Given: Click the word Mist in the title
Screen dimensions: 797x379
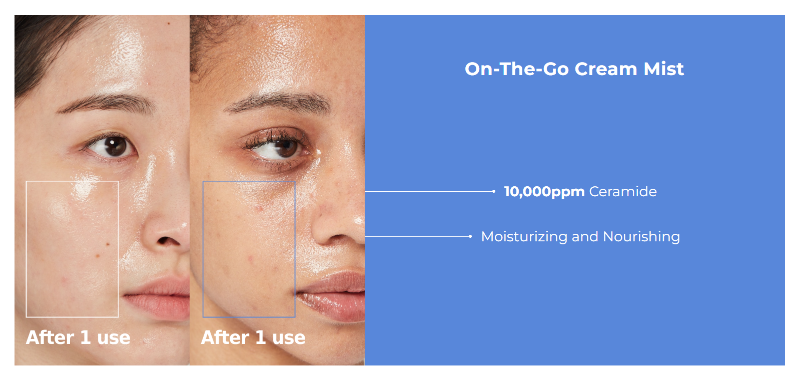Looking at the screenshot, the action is [x=663, y=69].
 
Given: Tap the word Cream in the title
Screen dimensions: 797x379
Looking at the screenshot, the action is [x=605, y=69].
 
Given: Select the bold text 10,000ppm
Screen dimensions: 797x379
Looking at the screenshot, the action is [x=544, y=192].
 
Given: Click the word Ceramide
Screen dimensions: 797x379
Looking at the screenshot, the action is [x=623, y=192].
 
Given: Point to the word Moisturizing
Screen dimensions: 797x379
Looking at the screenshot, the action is [x=524, y=237].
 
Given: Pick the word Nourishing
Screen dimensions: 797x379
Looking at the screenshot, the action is [x=641, y=237].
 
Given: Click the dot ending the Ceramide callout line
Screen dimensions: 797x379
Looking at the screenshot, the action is [x=494, y=191].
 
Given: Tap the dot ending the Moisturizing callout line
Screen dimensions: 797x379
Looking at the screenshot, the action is [x=470, y=236].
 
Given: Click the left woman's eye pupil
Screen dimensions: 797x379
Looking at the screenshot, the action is [x=115, y=146].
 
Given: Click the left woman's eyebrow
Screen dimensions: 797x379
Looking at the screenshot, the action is [x=107, y=103].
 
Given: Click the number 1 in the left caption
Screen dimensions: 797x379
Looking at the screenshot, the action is [x=85, y=337].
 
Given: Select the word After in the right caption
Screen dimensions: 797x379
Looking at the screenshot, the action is [x=225, y=337].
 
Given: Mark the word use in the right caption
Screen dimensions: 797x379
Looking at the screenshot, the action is [x=289, y=338].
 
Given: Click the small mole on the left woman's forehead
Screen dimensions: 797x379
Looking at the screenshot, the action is [x=169, y=24].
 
